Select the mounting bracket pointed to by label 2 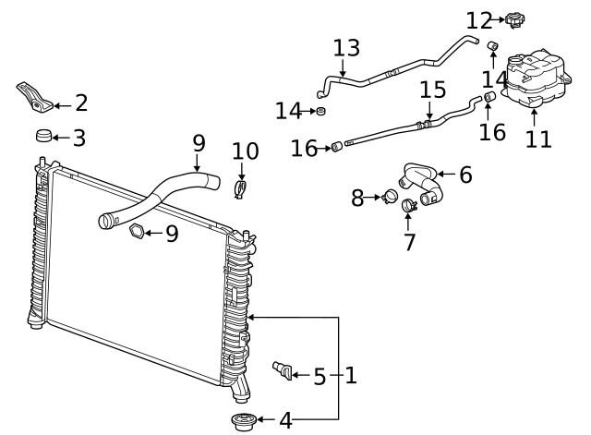(33, 96)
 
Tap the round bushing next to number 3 (42, 137)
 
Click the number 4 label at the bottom (285, 421)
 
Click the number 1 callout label (350, 376)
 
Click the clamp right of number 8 (389, 196)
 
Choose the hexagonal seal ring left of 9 (135, 232)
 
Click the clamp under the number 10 (241, 190)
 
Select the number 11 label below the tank (537, 139)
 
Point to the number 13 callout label (346, 49)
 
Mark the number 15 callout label (432, 91)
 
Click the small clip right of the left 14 (321, 112)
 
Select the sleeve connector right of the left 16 (338, 145)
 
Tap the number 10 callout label (245, 151)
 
